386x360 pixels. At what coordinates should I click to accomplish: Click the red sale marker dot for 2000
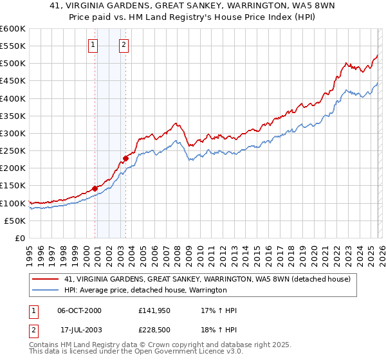tap(95, 188)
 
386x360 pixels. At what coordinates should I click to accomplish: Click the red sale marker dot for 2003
tap(126, 158)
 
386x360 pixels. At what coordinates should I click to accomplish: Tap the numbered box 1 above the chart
tap(94, 45)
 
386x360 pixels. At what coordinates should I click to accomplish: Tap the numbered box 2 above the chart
tap(124, 45)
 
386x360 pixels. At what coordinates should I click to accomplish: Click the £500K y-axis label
tap(14, 64)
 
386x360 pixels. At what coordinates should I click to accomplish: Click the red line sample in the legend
tap(46, 279)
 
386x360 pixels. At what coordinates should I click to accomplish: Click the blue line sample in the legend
tap(46, 291)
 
